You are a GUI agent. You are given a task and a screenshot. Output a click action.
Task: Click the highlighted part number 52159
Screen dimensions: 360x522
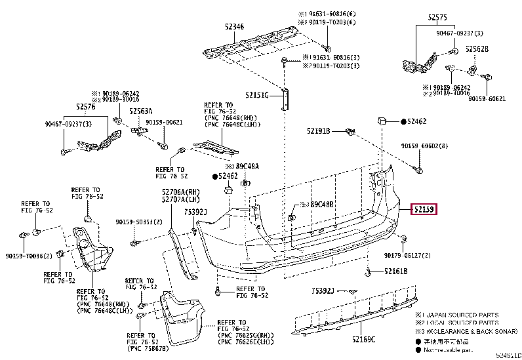click(424, 210)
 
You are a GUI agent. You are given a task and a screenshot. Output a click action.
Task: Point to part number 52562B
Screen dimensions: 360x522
click(477, 49)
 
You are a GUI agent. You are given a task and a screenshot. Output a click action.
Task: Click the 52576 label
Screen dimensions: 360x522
click(85, 106)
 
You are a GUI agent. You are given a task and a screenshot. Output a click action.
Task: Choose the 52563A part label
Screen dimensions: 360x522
click(140, 111)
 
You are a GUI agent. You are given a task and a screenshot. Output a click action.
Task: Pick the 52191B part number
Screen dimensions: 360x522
click(318, 131)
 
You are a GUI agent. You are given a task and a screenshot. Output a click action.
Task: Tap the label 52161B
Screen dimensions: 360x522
click(395, 271)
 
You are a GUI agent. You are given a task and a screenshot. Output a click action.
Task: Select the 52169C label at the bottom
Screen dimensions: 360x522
click(362, 339)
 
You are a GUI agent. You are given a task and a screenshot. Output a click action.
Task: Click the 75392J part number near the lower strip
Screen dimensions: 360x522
click(323, 290)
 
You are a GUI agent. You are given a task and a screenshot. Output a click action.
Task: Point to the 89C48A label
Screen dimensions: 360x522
click(247, 167)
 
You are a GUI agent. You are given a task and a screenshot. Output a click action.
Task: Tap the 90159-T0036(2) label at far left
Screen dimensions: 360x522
click(29, 256)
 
